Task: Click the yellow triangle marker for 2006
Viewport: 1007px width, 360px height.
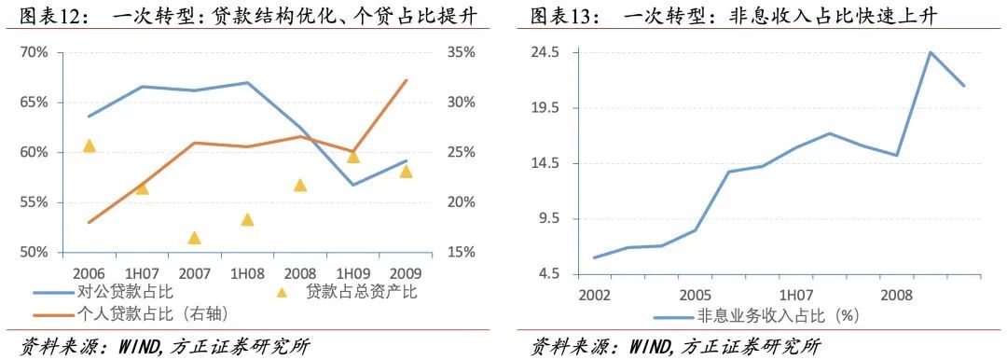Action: point(90,145)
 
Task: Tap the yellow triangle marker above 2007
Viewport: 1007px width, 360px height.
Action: point(194,238)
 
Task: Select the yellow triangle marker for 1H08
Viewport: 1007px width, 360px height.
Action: point(247,220)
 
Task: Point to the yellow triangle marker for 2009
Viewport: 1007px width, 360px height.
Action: point(406,171)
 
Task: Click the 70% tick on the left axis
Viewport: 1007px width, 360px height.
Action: point(34,52)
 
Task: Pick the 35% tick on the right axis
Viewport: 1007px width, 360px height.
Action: point(461,52)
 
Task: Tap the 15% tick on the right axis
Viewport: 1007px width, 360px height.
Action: point(461,253)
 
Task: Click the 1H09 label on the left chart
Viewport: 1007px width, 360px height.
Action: point(353,272)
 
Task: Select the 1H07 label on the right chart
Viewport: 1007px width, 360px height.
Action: point(795,295)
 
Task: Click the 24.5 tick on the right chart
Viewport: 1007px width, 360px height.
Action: point(544,52)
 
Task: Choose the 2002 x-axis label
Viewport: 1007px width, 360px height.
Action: point(594,295)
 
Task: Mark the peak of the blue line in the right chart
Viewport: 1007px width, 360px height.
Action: point(930,52)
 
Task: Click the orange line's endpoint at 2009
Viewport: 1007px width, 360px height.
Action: point(407,80)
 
